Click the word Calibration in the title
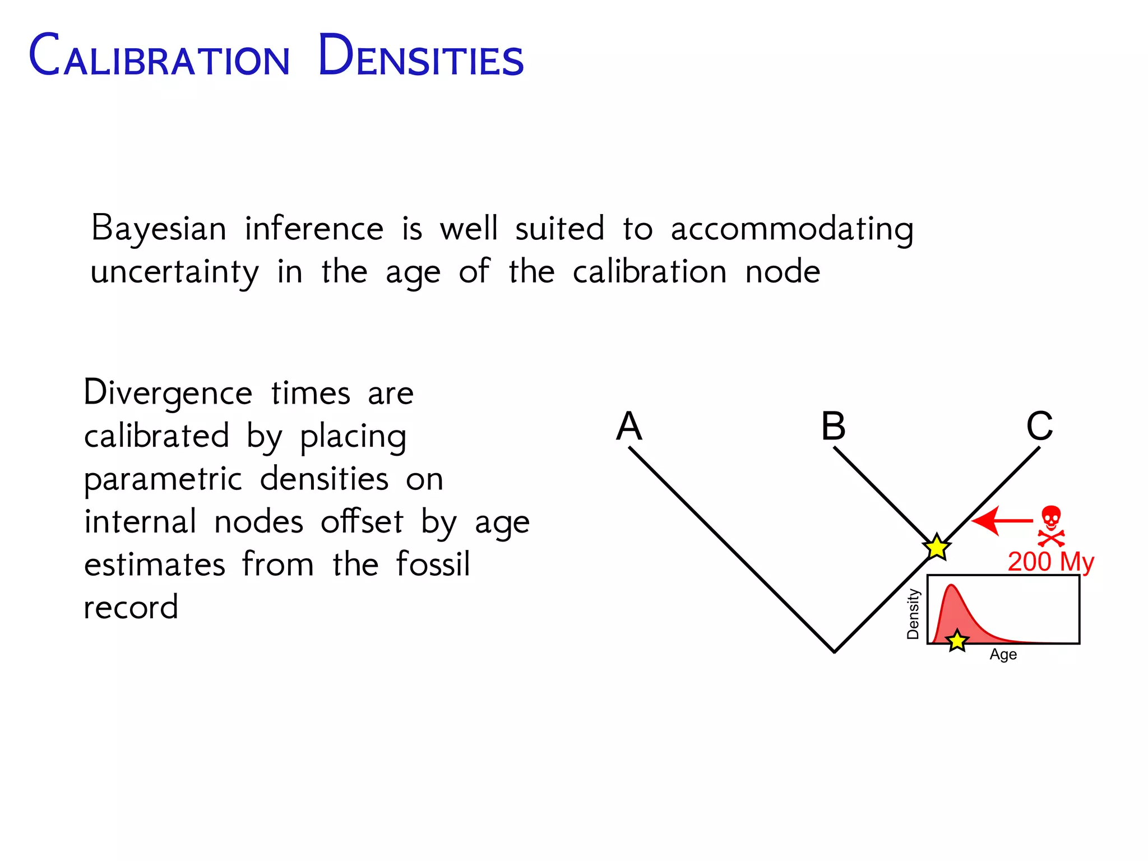(x=160, y=55)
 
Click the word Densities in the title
(x=420, y=55)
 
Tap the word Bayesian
(x=159, y=229)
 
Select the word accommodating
(x=791, y=229)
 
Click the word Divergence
(x=168, y=393)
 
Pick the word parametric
(x=163, y=479)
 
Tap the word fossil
(x=433, y=564)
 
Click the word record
(x=131, y=607)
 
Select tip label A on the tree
(x=629, y=426)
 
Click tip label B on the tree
(x=834, y=426)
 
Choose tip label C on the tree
(x=1040, y=426)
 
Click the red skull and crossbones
(x=1051, y=526)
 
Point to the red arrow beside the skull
(x=1001, y=521)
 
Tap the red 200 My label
(x=1050, y=562)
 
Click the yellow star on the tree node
(x=937, y=548)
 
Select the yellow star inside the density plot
(x=957, y=641)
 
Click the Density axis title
(x=913, y=614)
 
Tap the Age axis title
(x=1003, y=655)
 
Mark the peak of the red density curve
(x=951, y=586)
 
